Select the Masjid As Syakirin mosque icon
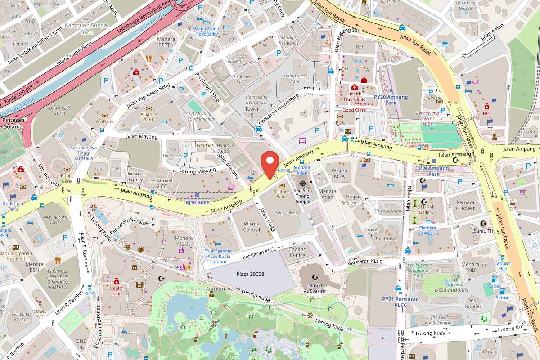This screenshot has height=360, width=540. click(314, 274)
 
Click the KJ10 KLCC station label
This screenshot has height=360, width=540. click(198, 203)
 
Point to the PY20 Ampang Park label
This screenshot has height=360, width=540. click(391, 100)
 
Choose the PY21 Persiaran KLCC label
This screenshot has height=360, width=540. click(400, 302)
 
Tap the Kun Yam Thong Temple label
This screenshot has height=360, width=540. click(302, 196)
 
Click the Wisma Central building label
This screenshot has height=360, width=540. click(252, 227)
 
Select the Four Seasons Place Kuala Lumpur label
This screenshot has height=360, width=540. click(218, 256)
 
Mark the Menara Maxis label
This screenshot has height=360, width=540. click(184, 241)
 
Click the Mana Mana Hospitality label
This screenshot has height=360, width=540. click(207, 31)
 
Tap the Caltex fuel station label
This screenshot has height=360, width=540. click(495, 286)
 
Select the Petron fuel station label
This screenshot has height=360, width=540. click(503, 297)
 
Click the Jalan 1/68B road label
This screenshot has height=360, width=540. click(267, 221)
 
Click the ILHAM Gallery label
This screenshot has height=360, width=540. click(426, 209)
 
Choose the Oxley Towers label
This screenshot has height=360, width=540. click(286, 213)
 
